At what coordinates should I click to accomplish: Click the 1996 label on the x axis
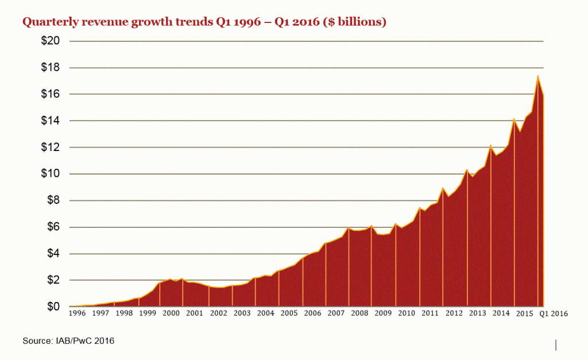77,314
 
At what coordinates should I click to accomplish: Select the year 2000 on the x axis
171,314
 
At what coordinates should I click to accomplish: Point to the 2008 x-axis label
359,314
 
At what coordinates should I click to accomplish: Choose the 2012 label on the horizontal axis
454,314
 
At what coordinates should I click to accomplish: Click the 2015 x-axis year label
524,314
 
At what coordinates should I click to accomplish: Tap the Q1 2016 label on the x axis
554,314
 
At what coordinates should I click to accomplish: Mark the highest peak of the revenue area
537,76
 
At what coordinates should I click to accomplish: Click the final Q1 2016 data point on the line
543,96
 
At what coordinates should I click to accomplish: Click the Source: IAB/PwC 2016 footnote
68,341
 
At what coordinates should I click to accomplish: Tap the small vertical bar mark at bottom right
556,344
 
